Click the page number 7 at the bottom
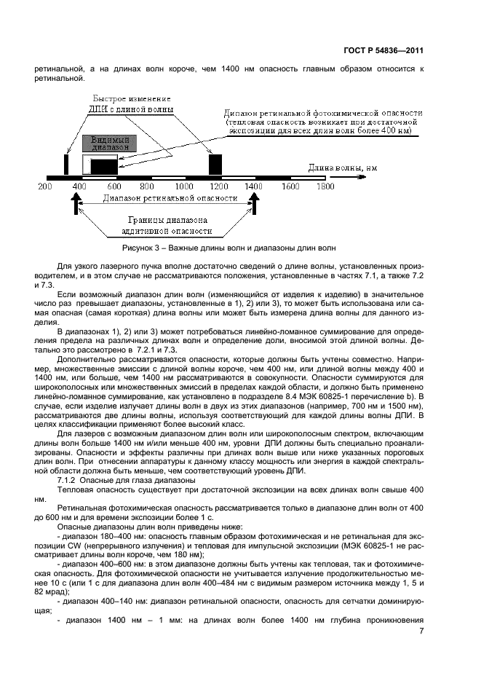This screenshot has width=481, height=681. [421, 631]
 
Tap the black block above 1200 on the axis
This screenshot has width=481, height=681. [215, 164]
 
